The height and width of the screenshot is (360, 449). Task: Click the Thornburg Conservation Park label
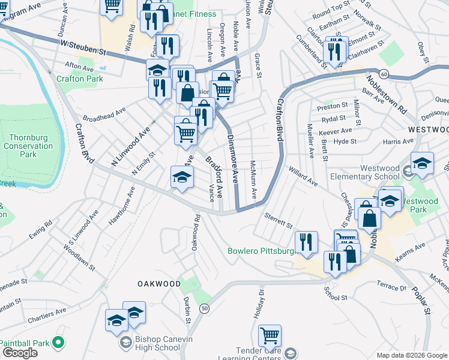tap(28, 146)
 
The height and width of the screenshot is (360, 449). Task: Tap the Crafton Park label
tap(80, 79)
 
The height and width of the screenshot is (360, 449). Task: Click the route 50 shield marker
tap(205, 308)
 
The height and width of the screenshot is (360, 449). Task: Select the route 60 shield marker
tap(384, 74)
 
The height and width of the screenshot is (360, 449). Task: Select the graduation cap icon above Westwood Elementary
tap(422, 163)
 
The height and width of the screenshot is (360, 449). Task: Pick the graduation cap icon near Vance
tap(182, 177)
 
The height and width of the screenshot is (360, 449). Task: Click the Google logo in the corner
tap(19, 353)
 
